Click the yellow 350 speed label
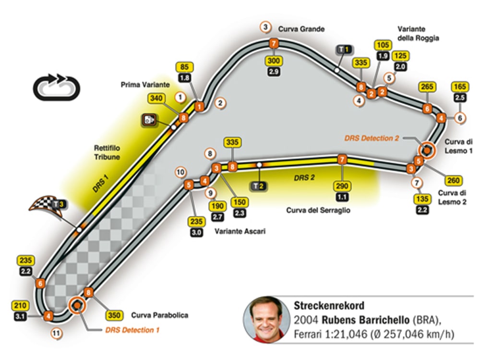tap(114, 315)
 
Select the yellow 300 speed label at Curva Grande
tap(273, 61)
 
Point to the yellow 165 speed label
tap(459, 87)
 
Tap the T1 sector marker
tap(344, 49)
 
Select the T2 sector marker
tap(259, 186)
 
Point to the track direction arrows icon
tap(56, 86)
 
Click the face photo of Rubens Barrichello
tap(264, 320)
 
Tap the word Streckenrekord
tap(329, 305)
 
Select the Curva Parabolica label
tap(159, 315)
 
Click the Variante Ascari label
tap(240, 231)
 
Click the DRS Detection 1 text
tap(132, 330)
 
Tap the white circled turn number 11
tap(57, 334)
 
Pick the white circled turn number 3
tap(265, 27)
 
